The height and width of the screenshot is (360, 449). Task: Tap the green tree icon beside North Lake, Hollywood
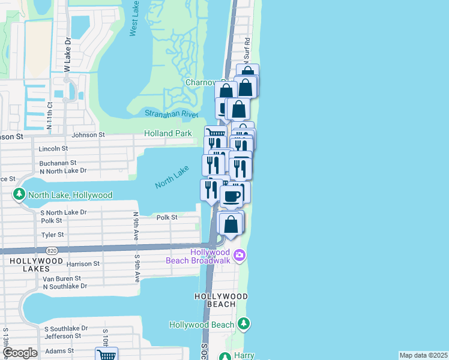[19, 195]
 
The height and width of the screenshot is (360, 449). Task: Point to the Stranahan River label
[171, 113]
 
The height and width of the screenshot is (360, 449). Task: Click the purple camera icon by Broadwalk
[240, 256]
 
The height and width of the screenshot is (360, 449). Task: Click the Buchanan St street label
[58, 163]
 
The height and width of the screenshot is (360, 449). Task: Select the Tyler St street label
[52, 235]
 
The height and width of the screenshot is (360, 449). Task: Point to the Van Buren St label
[61, 279]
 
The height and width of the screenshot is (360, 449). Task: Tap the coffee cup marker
[232, 196]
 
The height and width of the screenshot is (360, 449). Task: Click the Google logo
[20, 353]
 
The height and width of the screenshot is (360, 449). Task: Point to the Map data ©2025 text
[423, 355]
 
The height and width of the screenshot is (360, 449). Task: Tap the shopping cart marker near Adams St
[106, 355]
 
